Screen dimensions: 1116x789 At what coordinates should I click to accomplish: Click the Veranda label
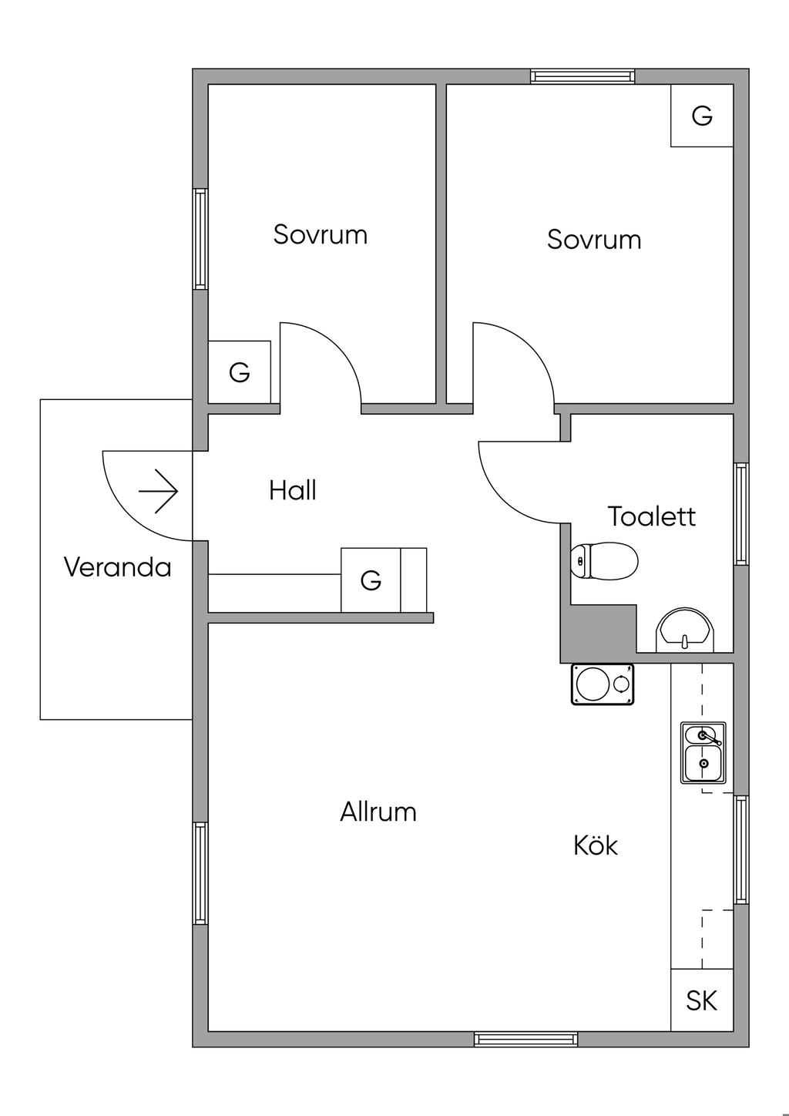(117, 568)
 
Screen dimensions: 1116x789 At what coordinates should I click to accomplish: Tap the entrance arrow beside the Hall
(159, 491)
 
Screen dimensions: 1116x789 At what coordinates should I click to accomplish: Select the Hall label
(293, 490)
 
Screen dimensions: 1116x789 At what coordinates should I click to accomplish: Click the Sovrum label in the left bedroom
(321, 234)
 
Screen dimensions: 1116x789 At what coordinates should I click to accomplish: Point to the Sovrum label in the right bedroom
(594, 240)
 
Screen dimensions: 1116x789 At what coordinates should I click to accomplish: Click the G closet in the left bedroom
(240, 372)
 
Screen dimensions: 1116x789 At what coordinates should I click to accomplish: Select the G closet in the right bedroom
(702, 116)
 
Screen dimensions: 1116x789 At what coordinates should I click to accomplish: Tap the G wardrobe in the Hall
(371, 580)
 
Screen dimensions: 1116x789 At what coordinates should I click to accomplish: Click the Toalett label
(652, 516)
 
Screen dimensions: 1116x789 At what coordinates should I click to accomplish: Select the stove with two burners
(603, 684)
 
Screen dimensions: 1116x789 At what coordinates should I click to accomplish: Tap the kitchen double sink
(703, 753)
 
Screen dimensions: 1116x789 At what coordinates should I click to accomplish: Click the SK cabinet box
(702, 1000)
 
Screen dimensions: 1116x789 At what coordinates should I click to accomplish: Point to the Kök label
(596, 845)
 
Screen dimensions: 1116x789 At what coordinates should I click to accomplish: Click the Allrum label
(378, 812)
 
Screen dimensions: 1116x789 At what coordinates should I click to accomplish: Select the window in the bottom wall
(526, 1039)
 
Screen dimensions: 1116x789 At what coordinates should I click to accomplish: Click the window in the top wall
(583, 76)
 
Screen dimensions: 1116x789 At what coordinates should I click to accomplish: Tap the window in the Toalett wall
(741, 514)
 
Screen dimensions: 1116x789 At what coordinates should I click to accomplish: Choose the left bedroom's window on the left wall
(200, 239)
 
